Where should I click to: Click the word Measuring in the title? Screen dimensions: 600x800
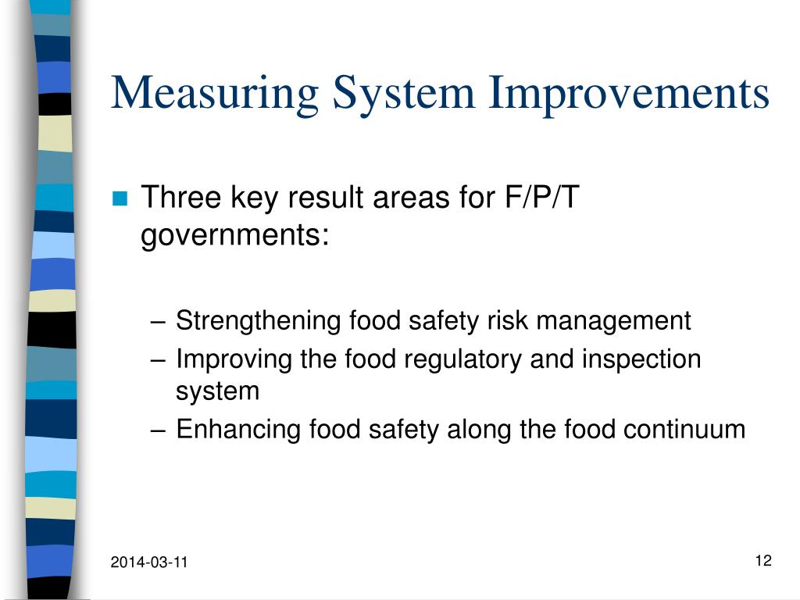point(215,94)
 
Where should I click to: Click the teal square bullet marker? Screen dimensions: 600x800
point(120,199)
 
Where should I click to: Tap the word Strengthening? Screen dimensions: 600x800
point(259,321)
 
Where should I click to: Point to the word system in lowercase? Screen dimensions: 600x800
point(217,391)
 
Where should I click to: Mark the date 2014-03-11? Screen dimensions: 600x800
point(149,562)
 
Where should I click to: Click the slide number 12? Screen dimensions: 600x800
point(763,560)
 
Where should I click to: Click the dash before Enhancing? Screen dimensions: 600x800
point(159,430)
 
